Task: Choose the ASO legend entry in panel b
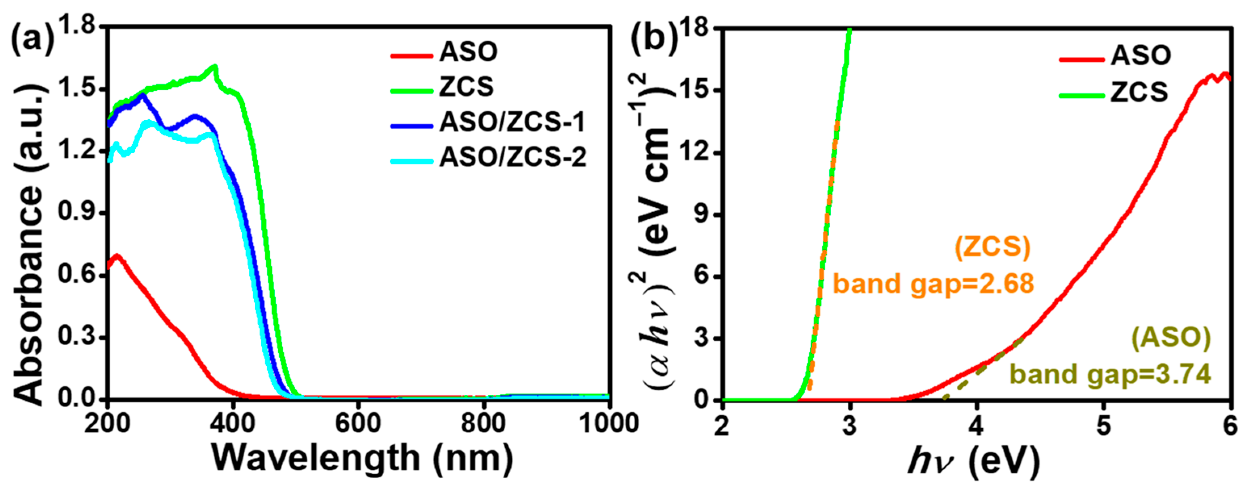point(1140,55)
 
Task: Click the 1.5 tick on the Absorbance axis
point(78,89)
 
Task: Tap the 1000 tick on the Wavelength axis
point(609,423)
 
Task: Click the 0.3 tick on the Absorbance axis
point(78,337)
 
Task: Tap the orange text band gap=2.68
point(933,283)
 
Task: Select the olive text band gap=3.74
point(1110,374)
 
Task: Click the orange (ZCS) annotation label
point(992,247)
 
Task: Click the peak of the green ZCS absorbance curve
point(214,66)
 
